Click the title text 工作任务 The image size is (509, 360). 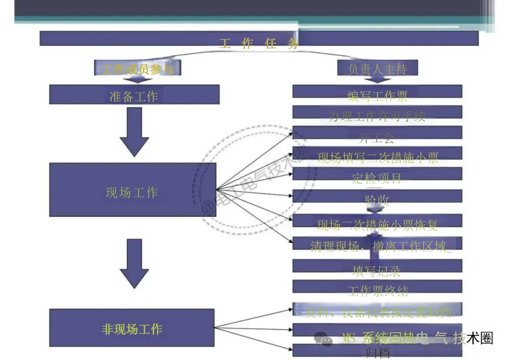point(259,43)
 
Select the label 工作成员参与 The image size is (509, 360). point(138,69)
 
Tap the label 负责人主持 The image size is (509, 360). point(378,69)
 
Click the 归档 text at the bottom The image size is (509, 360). point(377,352)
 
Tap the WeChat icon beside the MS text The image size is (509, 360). point(323,338)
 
